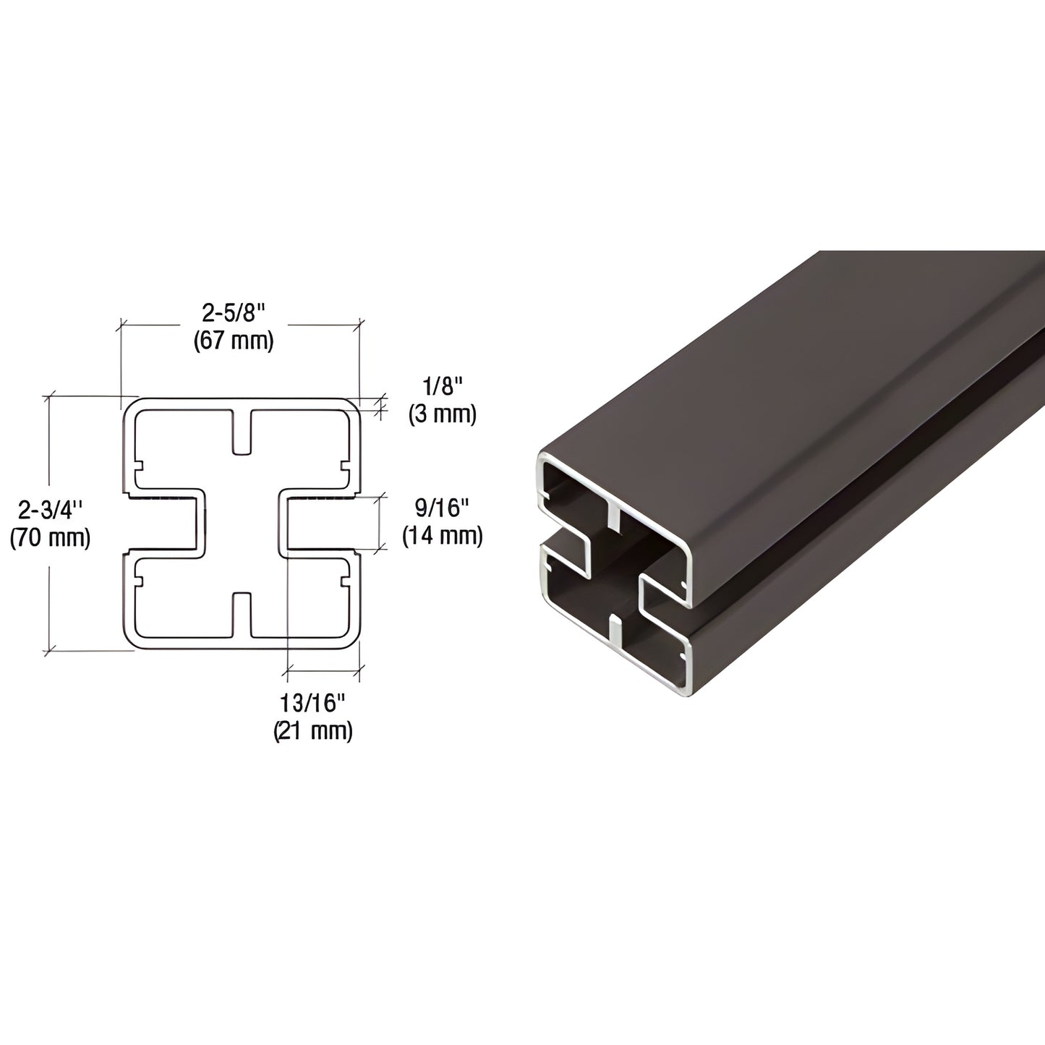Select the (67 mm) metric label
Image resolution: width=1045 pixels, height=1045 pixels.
point(234,341)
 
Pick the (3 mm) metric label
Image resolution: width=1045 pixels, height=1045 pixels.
point(442,414)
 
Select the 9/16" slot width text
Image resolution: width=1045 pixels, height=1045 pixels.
point(442,508)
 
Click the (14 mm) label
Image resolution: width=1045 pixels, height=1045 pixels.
point(442,536)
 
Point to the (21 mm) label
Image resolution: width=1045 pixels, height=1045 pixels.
point(313,730)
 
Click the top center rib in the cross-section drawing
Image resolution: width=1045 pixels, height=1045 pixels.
point(242,432)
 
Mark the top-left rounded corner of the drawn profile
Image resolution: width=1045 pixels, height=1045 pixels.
point(132,406)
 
